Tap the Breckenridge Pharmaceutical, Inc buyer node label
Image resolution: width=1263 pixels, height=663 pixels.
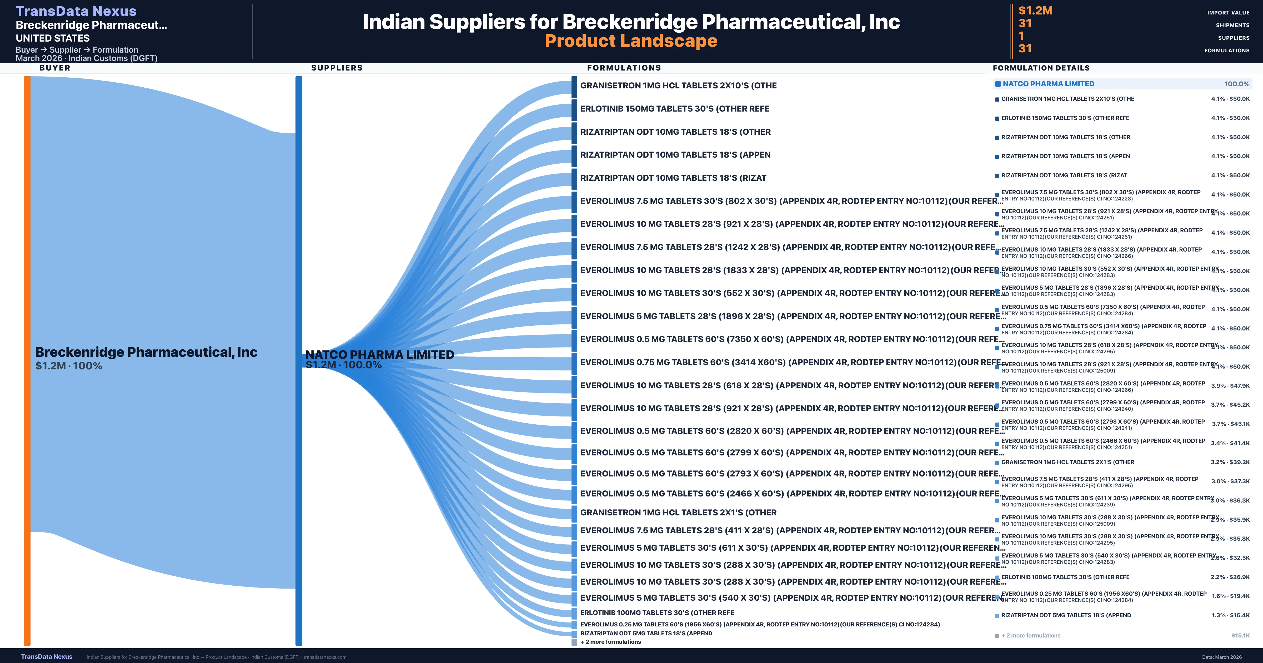(x=146, y=352)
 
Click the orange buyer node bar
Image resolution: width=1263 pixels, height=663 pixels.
(x=27, y=360)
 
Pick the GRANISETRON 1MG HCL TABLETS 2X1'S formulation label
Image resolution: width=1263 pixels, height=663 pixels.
(x=678, y=513)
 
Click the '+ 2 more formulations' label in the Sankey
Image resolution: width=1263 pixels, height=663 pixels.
(x=610, y=642)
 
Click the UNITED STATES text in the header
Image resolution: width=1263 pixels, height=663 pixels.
(x=52, y=38)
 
